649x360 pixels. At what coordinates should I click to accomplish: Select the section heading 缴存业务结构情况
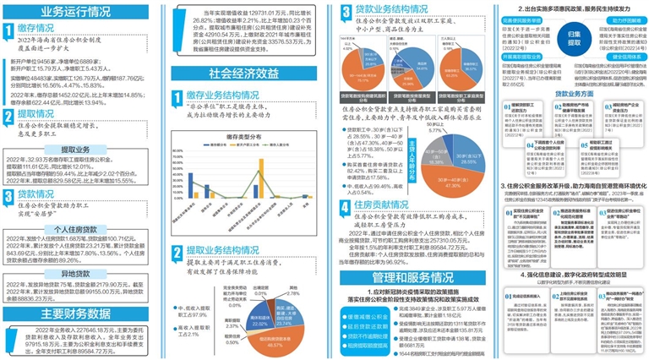pyautogui.click(x=220, y=97)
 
